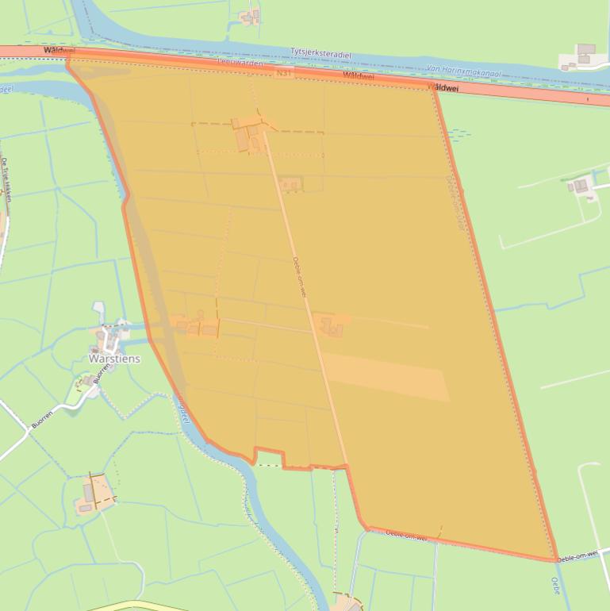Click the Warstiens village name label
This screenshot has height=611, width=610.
click(114, 359)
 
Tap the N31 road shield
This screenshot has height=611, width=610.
click(283, 73)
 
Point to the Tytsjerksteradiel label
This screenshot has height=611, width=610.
click(320, 54)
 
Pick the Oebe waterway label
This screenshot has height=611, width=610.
click(555, 586)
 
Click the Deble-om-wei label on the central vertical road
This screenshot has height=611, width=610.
click(299, 277)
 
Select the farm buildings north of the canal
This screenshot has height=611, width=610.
click(251, 16)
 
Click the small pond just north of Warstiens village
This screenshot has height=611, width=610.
click(98, 309)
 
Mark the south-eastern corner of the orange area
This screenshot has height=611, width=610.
click(554, 560)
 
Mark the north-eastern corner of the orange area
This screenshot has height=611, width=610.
click(432, 86)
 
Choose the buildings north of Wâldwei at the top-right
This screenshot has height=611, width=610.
click(583, 55)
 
